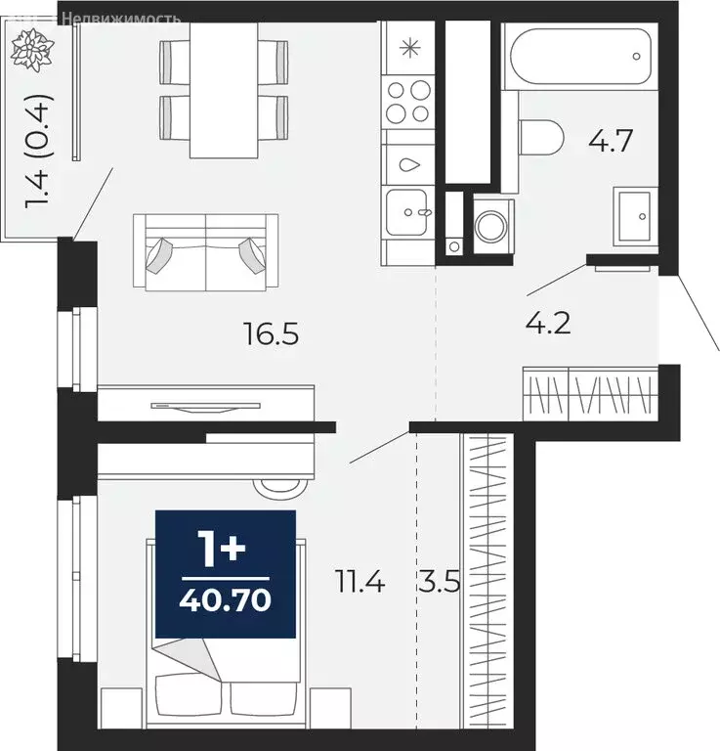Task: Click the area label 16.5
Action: [x=271, y=335]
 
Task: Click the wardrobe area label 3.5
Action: [x=440, y=585]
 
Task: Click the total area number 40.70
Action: [x=224, y=596]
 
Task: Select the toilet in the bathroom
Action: [x=540, y=137]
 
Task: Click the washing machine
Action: [x=489, y=224]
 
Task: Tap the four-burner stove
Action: [x=407, y=103]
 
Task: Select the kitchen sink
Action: [x=407, y=211]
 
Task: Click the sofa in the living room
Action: [x=206, y=252]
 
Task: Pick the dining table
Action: [x=224, y=88]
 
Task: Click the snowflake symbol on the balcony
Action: [x=32, y=50]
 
